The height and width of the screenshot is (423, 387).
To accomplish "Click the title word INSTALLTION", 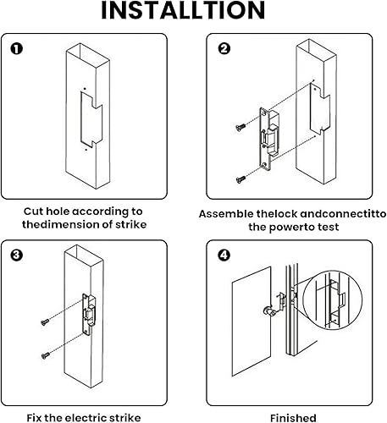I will click(193, 13).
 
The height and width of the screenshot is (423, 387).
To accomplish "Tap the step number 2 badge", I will click(224, 48).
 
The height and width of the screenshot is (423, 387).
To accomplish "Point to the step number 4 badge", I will click(224, 254).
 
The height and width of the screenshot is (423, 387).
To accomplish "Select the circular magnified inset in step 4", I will click(334, 299).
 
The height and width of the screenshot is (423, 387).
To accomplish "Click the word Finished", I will click(293, 417).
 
